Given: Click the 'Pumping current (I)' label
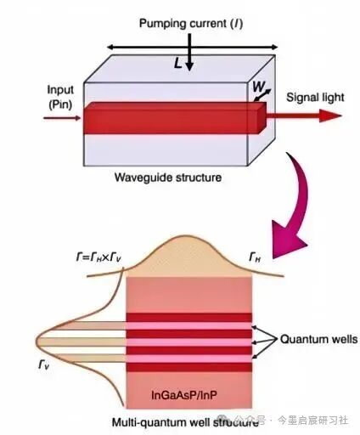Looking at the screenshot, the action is point(191,24).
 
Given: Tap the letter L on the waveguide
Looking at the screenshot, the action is point(177,63).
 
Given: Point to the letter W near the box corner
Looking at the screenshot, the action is point(258,87).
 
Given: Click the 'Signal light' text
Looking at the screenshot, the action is point(315,98).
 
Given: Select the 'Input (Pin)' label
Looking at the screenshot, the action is point(60,97).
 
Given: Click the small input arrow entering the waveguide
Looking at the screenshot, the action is point(62,118).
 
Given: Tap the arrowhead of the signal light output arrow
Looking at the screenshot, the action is point(330,116).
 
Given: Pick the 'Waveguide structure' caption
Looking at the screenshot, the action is point(168,178).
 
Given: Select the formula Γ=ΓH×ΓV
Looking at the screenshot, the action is point(98,257).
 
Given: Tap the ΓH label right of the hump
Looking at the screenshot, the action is point(255,257).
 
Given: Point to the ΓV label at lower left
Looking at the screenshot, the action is point(44,364).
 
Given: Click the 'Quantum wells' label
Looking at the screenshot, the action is point(318,339).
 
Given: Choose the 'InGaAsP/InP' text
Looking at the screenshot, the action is point(184,395).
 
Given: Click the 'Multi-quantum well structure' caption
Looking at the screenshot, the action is point(185,422).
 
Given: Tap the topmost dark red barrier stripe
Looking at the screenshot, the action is point(189,317).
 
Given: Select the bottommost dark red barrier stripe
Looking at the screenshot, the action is point(189,367).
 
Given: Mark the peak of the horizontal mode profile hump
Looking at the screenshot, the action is point(186,235).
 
